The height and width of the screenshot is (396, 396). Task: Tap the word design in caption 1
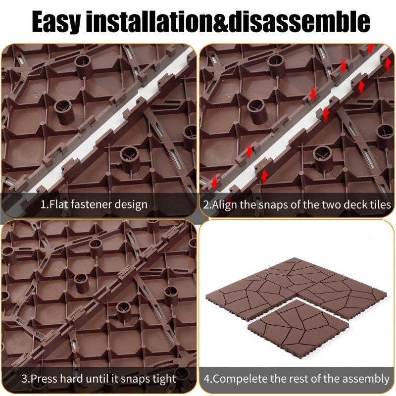pyautogui.click(x=132, y=204)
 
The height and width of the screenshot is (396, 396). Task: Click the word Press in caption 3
pyautogui.click(x=45, y=379)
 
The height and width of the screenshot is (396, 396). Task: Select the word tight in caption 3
pyautogui.click(x=163, y=379)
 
